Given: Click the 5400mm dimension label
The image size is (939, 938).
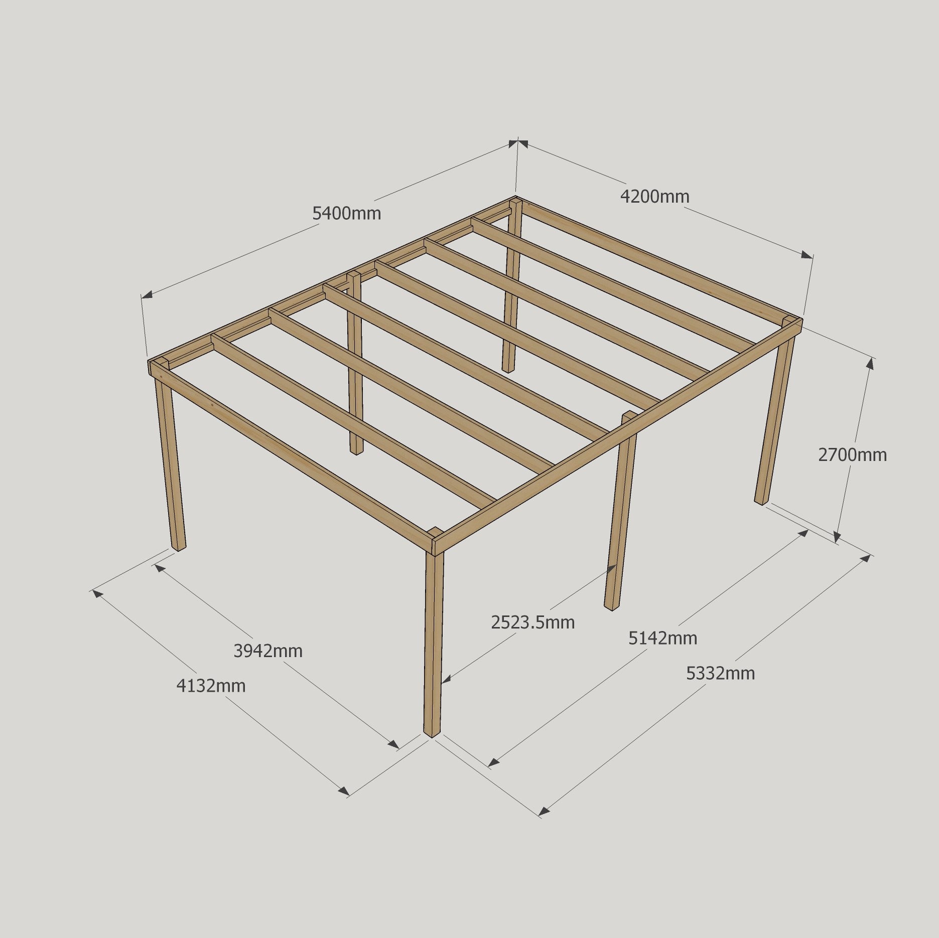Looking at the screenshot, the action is (346, 214).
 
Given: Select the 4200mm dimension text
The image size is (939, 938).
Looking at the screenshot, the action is (654, 197).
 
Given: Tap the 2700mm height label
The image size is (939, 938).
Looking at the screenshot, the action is (852, 455).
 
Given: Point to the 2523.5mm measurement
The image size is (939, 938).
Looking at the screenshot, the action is (532, 622).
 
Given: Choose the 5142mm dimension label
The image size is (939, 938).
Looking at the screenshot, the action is (662, 639).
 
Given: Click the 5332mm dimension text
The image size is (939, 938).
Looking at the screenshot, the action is (720, 673).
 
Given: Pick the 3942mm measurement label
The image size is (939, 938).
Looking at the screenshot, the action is (268, 651).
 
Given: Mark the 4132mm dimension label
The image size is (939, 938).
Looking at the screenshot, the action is (211, 685).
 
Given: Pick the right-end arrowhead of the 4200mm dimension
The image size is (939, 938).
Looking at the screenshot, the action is (807, 255).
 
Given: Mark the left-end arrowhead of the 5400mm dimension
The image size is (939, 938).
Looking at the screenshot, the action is (148, 295).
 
